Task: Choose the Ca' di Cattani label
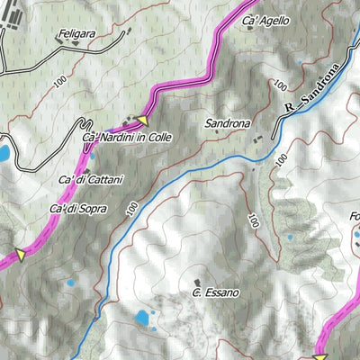(91, 180)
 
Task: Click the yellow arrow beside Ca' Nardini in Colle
(141, 119)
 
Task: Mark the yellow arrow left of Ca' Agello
(248, 5)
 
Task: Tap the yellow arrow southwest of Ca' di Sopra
(17, 255)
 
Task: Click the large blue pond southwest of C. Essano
(142, 318)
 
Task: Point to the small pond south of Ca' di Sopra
(70, 284)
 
